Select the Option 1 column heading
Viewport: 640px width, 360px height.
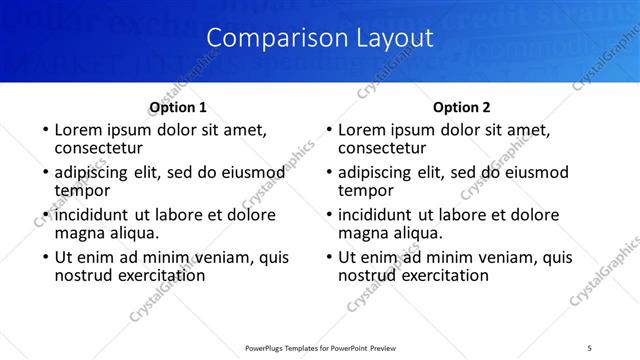[x=178, y=107]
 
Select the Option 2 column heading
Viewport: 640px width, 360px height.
[x=461, y=107]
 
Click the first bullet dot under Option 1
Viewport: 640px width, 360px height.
[x=45, y=130]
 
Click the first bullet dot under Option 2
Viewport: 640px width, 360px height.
[x=329, y=130]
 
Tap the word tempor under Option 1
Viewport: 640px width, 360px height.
[x=82, y=190]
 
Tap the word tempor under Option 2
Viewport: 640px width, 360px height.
[x=366, y=190]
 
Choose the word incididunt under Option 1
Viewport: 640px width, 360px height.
[x=92, y=215]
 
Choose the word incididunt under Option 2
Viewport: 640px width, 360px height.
[x=376, y=215]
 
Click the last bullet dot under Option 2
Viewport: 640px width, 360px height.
[x=329, y=257]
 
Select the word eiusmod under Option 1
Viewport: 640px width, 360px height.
[x=251, y=172]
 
